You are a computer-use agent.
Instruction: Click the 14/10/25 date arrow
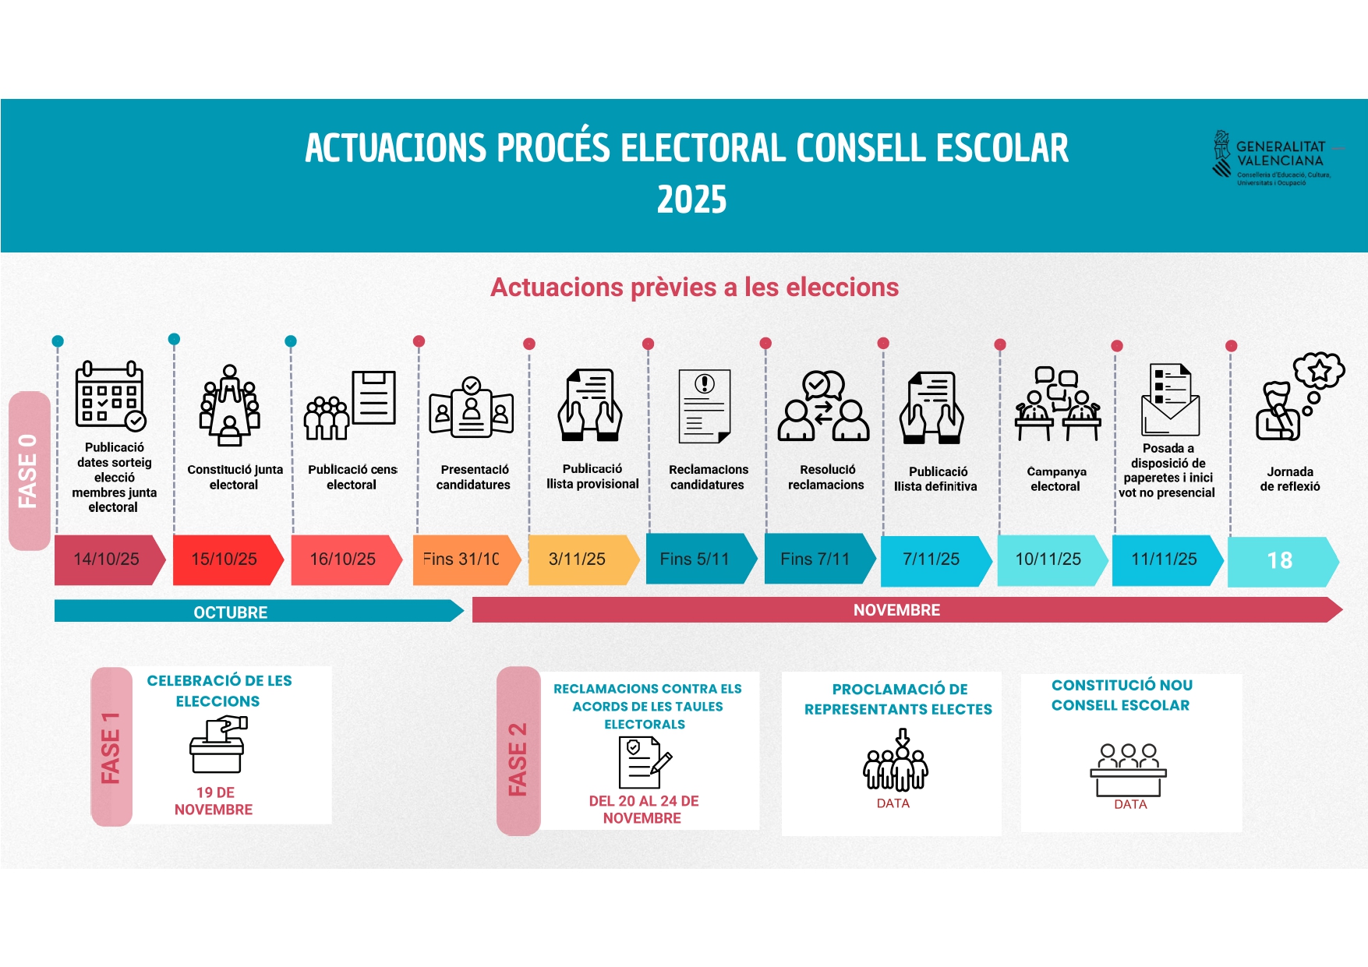click(110, 559)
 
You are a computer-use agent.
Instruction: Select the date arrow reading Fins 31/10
click(466, 559)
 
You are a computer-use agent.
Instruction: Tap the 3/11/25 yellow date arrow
click(584, 559)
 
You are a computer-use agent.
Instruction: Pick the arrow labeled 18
click(1283, 561)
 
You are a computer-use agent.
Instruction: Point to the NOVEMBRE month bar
click(907, 609)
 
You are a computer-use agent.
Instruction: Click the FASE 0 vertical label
click(30, 471)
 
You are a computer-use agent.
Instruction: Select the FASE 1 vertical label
click(111, 746)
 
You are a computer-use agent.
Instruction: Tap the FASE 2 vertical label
click(518, 751)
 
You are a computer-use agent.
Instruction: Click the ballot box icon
click(218, 744)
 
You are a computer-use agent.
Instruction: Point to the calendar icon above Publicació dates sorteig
click(111, 395)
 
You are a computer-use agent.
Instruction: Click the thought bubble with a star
click(1319, 371)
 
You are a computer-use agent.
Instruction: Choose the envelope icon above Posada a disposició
click(1170, 400)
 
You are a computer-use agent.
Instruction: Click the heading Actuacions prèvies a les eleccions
click(695, 288)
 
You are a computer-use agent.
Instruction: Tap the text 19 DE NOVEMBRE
click(214, 801)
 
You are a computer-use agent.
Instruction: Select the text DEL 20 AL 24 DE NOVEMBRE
click(643, 810)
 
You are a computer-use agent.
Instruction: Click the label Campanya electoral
click(1056, 478)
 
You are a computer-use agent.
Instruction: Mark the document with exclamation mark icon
click(705, 407)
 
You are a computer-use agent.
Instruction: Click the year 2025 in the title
click(691, 199)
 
